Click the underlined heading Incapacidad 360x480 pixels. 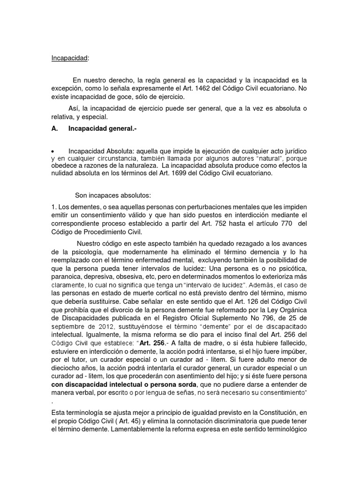point(69,58)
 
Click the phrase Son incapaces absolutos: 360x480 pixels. point(107,195)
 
